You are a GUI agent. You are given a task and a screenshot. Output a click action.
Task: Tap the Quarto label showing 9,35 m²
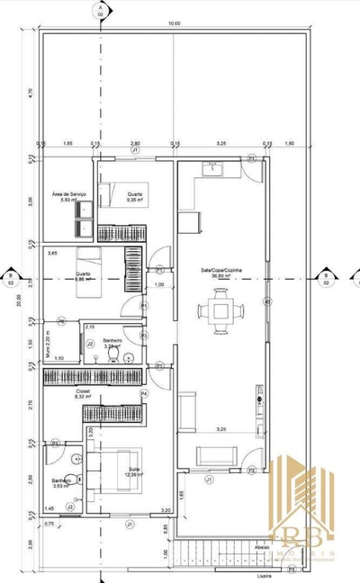pyautogui.click(x=135, y=197)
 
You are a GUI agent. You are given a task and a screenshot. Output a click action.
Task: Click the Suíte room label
pyautogui.click(x=135, y=471)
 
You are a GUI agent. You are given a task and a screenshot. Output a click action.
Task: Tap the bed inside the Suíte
pyautogui.click(x=105, y=472)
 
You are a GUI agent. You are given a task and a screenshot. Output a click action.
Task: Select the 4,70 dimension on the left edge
pyautogui.click(x=30, y=92)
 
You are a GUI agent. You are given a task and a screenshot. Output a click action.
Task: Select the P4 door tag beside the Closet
pyautogui.click(x=143, y=394)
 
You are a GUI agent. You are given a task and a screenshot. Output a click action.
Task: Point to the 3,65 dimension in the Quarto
pyautogui.click(x=53, y=255)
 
